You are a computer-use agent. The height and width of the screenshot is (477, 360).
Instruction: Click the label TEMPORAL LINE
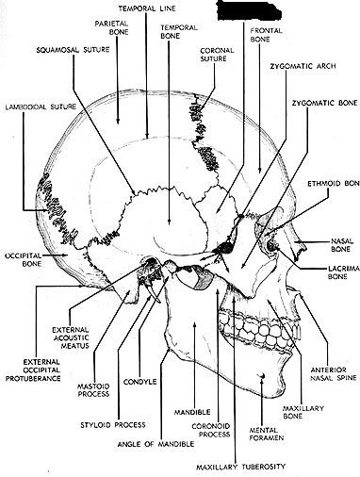coord(147,8)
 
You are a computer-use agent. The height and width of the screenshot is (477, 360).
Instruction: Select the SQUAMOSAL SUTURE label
coord(73,50)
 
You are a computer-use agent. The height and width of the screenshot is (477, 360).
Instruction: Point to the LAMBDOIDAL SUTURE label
coord(41,107)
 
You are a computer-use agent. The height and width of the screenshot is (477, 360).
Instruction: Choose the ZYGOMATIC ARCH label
coord(303,66)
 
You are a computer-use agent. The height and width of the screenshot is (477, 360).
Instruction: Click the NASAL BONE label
coord(342,245)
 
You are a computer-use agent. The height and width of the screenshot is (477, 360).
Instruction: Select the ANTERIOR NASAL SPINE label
coord(334,373)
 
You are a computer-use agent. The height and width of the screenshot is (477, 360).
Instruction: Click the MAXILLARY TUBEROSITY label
coord(240,467)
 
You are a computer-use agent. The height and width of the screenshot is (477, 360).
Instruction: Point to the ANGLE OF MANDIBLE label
coord(155,444)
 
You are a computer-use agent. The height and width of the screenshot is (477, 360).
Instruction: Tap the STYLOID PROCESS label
coord(113,425)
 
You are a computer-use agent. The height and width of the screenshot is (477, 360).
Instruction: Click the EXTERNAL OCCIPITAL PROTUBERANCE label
coord(33,370)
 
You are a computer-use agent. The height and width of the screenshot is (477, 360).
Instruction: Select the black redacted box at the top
coord(249,10)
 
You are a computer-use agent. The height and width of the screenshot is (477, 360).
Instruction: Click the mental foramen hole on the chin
coord(262,375)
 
